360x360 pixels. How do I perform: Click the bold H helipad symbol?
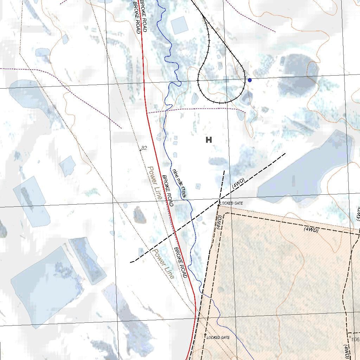pos(209,140)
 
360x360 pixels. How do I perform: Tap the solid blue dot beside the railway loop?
pos(250,80)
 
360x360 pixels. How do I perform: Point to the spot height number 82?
pos(144,148)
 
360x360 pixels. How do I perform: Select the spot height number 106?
pos(355,339)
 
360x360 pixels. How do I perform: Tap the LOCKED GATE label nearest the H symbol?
pos(231,203)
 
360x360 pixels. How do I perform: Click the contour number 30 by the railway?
pos(218,30)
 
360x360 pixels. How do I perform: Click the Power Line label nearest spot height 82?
pos(154,183)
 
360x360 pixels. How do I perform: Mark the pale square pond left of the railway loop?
pos(179,25)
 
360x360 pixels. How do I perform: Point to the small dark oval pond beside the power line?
pos(140,215)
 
